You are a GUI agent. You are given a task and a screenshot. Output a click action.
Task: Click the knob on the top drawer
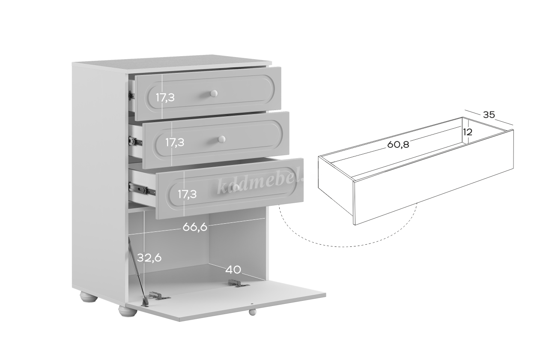214,93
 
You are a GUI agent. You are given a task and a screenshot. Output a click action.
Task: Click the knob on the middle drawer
221,139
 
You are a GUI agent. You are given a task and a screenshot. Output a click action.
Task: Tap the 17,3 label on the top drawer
165,98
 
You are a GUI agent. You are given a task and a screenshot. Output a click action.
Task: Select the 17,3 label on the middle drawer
175,142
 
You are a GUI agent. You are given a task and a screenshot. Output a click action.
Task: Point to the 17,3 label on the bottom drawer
187,194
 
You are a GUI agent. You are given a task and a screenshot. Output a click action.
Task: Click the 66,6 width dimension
195,227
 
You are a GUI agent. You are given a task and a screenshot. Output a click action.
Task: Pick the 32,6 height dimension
149,258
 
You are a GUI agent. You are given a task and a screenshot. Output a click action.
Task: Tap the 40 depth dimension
233,270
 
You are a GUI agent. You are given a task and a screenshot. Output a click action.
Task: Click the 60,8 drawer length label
398,144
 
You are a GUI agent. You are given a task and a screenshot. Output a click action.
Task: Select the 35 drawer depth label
489,114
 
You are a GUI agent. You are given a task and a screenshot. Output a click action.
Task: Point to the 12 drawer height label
468,132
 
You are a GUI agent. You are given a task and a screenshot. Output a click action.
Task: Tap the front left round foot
128,311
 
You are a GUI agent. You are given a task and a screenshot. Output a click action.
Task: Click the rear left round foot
89,297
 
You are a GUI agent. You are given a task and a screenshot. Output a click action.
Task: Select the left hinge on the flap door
159,295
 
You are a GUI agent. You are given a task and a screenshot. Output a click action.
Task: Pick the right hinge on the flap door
238,283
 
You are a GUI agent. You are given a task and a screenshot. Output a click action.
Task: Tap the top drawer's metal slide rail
131,95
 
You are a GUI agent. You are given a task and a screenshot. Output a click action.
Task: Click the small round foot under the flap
252,312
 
